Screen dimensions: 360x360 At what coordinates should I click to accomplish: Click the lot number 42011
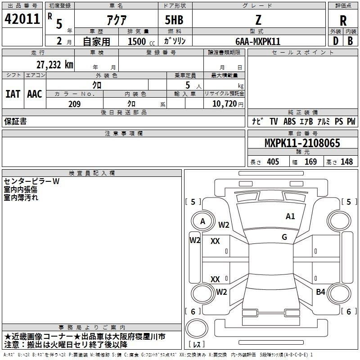pos(22,19)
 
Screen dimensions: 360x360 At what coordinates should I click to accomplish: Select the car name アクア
pos(117,20)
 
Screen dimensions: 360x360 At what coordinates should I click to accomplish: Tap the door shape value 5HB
pos(174,20)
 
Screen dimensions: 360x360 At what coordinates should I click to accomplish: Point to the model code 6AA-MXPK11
pos(258,41)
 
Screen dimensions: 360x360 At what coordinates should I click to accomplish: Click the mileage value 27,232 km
pos(55,65)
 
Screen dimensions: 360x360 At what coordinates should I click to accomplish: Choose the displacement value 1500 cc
pos(141,41)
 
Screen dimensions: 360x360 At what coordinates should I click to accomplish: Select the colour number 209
pos(75,104)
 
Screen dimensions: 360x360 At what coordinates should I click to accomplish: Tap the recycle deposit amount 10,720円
pos(228,103)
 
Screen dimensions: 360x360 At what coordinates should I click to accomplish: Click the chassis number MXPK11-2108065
pos(302,143)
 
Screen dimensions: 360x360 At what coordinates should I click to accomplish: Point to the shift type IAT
pos(13,94)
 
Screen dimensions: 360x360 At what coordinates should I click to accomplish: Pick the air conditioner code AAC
pos(35,94)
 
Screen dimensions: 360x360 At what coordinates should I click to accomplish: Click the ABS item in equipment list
pos(289,121)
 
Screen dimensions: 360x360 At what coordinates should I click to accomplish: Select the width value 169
pos(310,162)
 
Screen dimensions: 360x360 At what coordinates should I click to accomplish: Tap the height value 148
pos(346,162)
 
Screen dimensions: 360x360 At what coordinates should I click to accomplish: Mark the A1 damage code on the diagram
pos(290,216)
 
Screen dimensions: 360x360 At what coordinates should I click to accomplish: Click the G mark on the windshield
pos(284,237)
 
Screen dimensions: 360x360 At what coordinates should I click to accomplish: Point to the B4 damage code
pos(320,292)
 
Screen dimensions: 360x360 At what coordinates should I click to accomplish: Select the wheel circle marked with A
pos(203,221)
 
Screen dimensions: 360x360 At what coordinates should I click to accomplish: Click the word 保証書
pos(15,121)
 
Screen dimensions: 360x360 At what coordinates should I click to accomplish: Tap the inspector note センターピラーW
pos(31,181)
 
